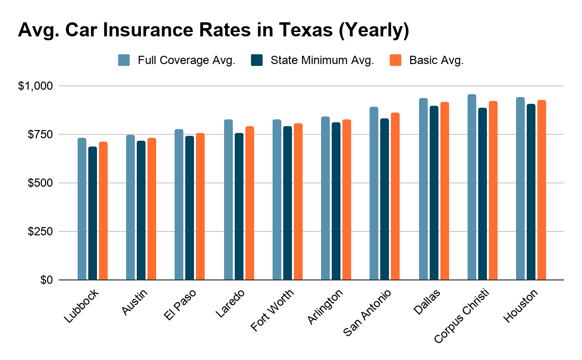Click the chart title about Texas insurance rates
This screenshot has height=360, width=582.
213,30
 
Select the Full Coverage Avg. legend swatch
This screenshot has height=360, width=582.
124,61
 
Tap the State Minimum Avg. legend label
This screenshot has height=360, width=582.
322,61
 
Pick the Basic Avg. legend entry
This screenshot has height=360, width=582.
436,61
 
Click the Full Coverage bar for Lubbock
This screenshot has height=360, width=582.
82,209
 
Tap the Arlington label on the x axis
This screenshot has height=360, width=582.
325,307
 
